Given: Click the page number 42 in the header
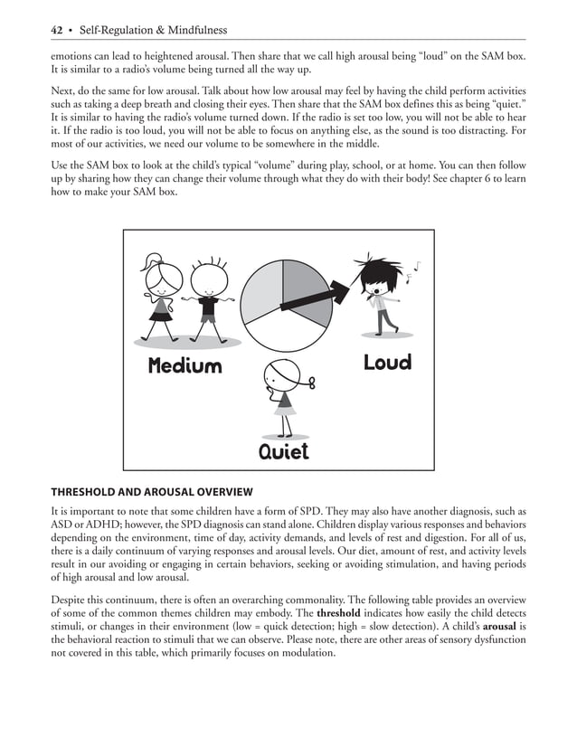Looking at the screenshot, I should (x=56, y=30).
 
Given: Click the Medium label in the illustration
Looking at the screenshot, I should (x=184, y=366).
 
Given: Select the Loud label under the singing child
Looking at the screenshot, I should (x=387, y=363).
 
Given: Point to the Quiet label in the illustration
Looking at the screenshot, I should (x=283, y=450).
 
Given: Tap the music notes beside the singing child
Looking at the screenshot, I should (x=414, y=267).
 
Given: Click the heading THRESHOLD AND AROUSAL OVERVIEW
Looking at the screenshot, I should (x=150, y=492).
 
